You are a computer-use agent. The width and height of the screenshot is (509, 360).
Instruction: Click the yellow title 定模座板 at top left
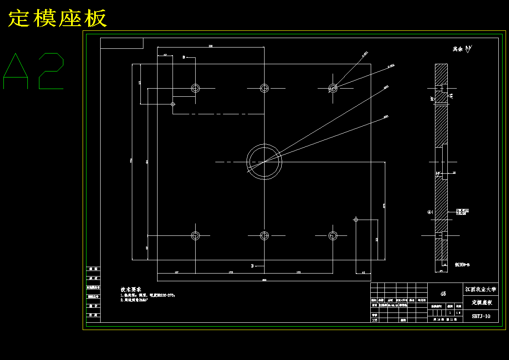click(57, 18)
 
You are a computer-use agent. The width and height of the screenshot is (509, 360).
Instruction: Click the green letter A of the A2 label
click(16, 71)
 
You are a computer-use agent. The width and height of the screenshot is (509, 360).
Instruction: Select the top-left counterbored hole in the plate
click(195, 88)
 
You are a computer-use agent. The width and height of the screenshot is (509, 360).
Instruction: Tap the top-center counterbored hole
click(264, 88)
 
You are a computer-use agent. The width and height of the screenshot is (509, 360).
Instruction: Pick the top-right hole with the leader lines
click(333, 88)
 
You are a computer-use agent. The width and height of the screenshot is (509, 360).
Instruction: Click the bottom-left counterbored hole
click(195, 235)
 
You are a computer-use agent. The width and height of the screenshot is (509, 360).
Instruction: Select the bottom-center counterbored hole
click(264, 235)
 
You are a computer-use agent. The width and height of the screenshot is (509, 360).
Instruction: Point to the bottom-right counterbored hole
click(333, 235)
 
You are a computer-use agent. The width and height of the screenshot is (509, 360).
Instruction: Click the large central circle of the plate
click(264, 162)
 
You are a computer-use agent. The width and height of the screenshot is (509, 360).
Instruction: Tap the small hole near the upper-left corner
click(173, 104)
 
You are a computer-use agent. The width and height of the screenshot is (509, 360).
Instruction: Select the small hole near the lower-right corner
click(355, 220)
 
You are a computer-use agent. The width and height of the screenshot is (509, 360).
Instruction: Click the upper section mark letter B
click(184, 57)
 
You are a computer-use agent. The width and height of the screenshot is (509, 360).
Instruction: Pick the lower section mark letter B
click(253, 266)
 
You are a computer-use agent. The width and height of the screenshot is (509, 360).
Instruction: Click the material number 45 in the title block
click(443, 294)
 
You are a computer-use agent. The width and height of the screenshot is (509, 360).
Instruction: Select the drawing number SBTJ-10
click(481, 316)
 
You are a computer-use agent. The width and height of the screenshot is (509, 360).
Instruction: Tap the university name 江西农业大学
click(481, 289)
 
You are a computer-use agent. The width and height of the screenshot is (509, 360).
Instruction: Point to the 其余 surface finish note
click(458, 49)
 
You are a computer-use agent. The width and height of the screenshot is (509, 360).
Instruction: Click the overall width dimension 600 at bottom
click(264, 280)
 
